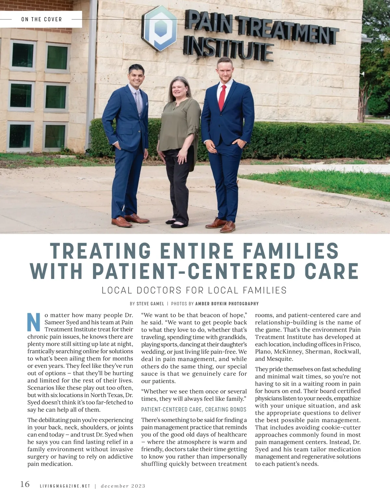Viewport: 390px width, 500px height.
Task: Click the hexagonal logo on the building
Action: (159, 28)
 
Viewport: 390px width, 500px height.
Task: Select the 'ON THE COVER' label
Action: (42, 20)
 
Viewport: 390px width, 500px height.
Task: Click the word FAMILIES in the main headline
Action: (291, 251)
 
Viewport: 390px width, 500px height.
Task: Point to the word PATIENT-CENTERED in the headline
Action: (193, 271)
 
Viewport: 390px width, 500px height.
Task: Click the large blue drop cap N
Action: (34, 322)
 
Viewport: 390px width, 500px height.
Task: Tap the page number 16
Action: (25, 484)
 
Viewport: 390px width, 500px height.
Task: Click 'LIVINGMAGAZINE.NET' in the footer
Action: (65, 486)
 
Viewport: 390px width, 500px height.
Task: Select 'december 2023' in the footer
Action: (123, 486)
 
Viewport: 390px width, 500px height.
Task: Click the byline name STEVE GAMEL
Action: (150, 304)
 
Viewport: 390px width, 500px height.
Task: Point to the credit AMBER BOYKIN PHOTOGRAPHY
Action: (227, 304)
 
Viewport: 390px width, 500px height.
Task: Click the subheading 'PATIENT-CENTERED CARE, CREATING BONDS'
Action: (194, 410)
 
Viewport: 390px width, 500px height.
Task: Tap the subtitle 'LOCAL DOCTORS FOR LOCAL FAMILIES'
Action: (194, 290)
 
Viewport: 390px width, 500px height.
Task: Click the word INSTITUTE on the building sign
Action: (228, 50)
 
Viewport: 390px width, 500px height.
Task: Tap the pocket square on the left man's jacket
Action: (146, 104)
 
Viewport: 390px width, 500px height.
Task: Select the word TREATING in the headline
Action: (100, 251)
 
